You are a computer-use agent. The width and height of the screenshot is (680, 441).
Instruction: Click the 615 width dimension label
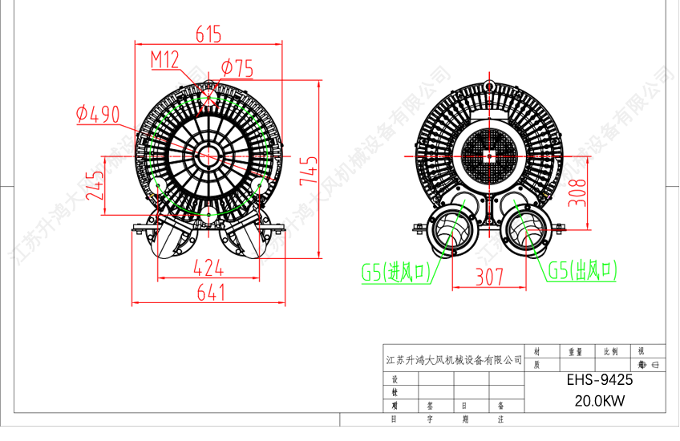tap(208, 34)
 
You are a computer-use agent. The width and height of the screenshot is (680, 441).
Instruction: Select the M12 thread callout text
tap(165, 59)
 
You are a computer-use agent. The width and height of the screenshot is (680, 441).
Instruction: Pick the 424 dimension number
tap(208, 268)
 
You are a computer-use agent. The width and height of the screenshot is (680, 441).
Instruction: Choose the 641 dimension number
tap(210, 293)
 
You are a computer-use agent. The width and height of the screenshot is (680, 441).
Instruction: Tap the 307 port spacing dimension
tap(489, 277)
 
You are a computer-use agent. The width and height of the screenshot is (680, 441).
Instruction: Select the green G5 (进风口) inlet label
tap(397, 273)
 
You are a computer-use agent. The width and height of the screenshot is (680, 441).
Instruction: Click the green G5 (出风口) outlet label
tap(582, 271)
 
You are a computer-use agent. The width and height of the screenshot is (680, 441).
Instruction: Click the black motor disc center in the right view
tap(488, 156)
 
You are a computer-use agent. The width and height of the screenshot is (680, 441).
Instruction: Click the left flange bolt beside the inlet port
tap(418, 229)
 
